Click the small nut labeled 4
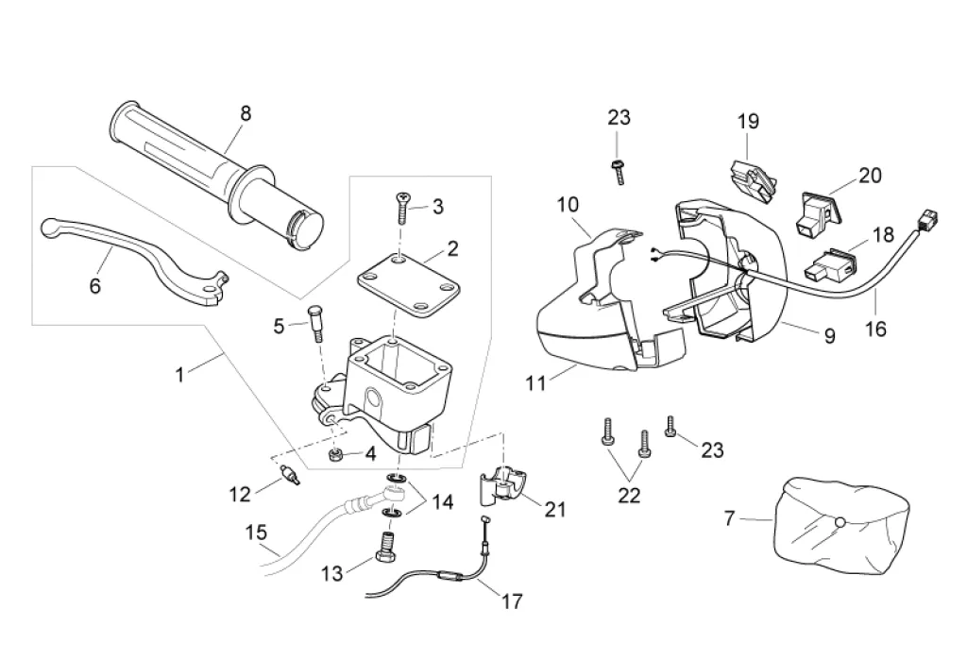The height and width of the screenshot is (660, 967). click(x=336, y=455)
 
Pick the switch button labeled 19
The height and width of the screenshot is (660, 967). click(x=753, y=178)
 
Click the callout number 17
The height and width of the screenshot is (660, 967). click(x=512, y=601)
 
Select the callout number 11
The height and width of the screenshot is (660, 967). click(x=535, y=383)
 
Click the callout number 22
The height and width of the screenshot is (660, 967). click(x=629, y=495)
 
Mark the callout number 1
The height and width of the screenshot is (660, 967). click(x=179, y=374)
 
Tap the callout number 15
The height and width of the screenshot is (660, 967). click(x=257, y=532)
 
